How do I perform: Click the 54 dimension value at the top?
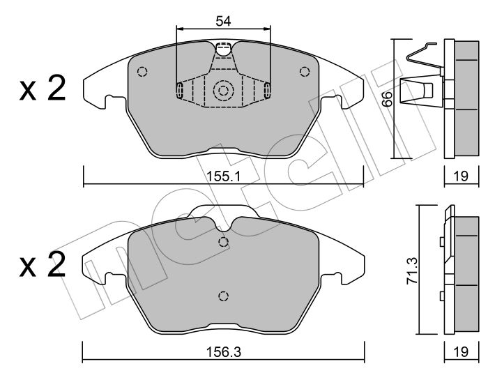point(224,21)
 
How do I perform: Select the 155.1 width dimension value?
point(224,177)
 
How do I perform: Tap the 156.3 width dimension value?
point(224,353)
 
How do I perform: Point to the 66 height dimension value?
point(387,99)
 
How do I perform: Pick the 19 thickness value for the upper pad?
point(461,176)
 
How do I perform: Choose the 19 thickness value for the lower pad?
point(461,352)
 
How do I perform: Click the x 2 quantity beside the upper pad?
point(43,88)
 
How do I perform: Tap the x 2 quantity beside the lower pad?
point(43,264)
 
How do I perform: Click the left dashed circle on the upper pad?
point(142,72)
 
